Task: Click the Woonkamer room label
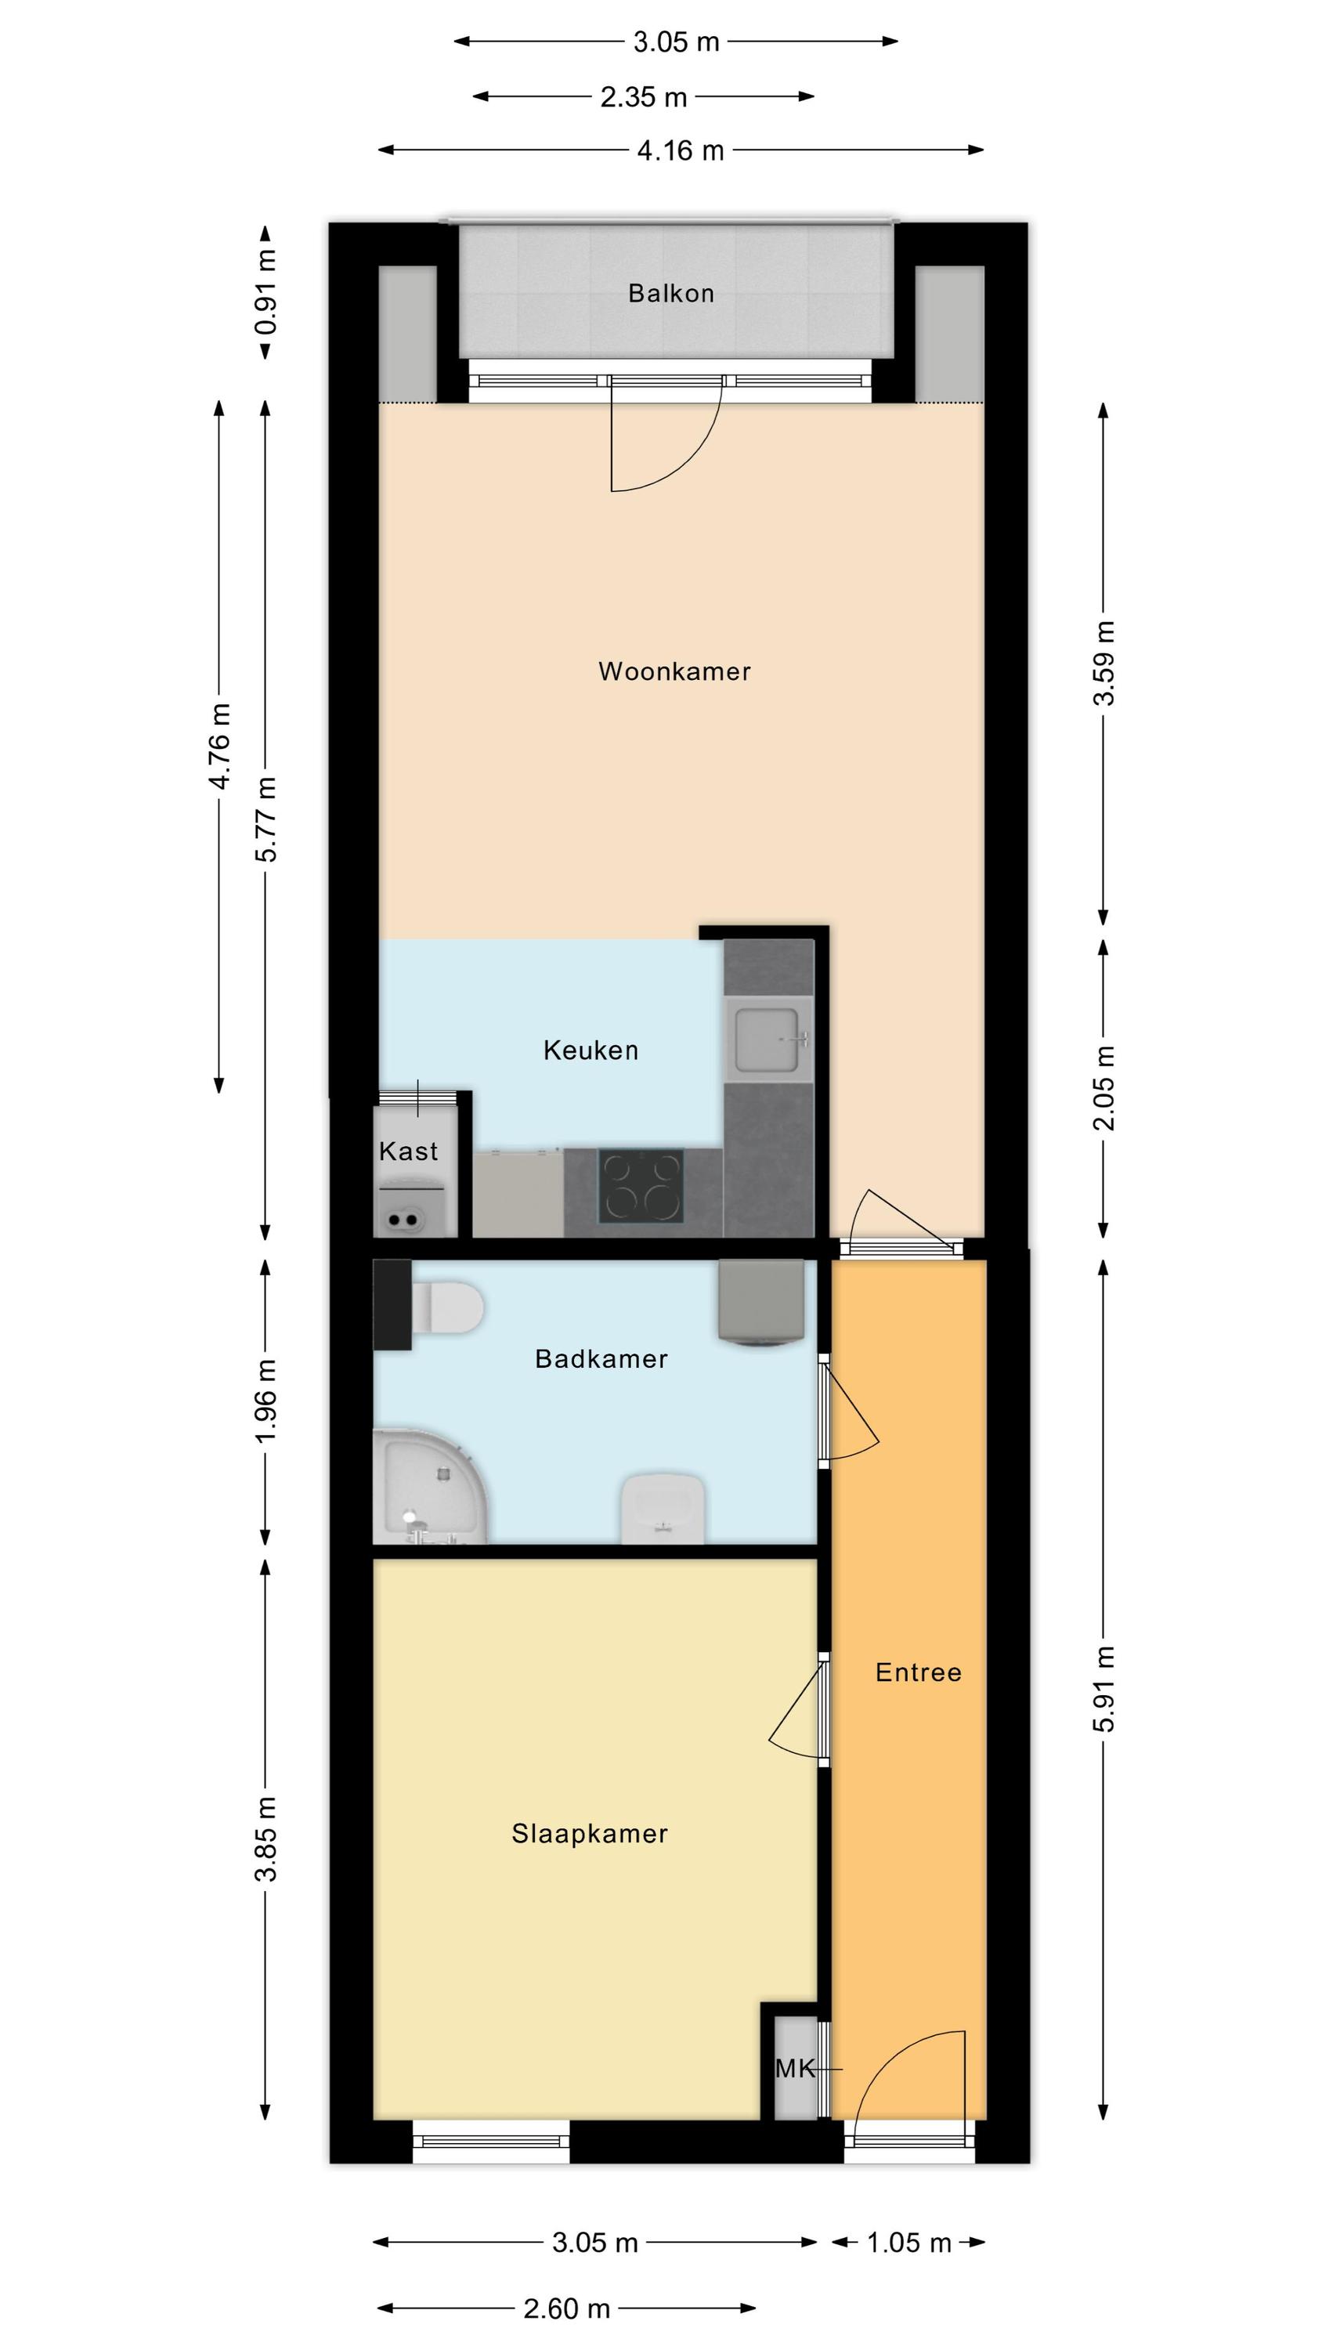coord(674,671)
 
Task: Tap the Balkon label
coord(670,293)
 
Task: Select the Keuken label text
coord(591,1050)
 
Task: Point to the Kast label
coord(408,1151)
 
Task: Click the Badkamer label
coord(601,1358)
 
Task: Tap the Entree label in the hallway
coord(918,1665)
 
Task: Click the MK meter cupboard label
coord(795,2068)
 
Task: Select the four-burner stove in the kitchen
coord(641,1185)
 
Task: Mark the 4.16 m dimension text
coord(681,150)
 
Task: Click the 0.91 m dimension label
coord(265,293)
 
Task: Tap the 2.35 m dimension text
coord(643,96)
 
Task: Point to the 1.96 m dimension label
coord(265,1401)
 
